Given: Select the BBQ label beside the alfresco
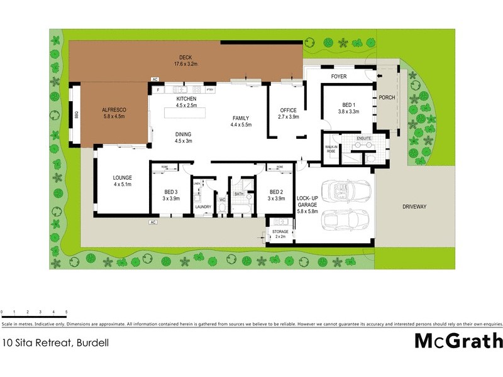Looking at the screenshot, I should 75,115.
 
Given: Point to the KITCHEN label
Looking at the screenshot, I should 187,99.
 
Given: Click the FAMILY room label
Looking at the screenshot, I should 241,118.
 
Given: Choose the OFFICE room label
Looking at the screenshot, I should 288,111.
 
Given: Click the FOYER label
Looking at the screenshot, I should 339,77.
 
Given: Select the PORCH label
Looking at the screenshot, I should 385,98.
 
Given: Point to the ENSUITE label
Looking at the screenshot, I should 364,138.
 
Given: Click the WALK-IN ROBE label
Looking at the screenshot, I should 331,150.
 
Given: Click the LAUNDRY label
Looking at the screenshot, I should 203,206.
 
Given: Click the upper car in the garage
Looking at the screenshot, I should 345,190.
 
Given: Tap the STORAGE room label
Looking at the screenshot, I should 280,232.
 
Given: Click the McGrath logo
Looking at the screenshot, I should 458,341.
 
